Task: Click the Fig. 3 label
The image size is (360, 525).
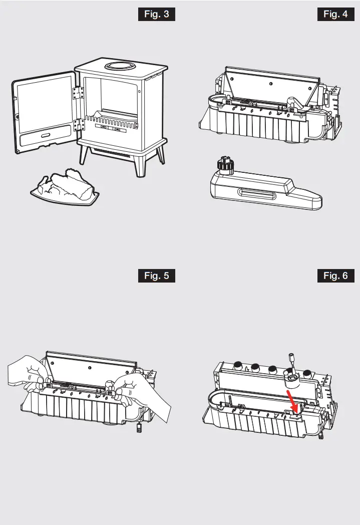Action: [157, 14]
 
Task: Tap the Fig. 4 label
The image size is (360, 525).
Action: [336, 14]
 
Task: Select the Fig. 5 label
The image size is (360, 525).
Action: [157, 276]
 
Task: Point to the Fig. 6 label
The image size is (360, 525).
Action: [336, 276]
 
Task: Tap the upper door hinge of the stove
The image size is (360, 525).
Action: [78, 94]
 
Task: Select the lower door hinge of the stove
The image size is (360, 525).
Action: [78, 125]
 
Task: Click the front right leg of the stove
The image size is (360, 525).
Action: [160, 155]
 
